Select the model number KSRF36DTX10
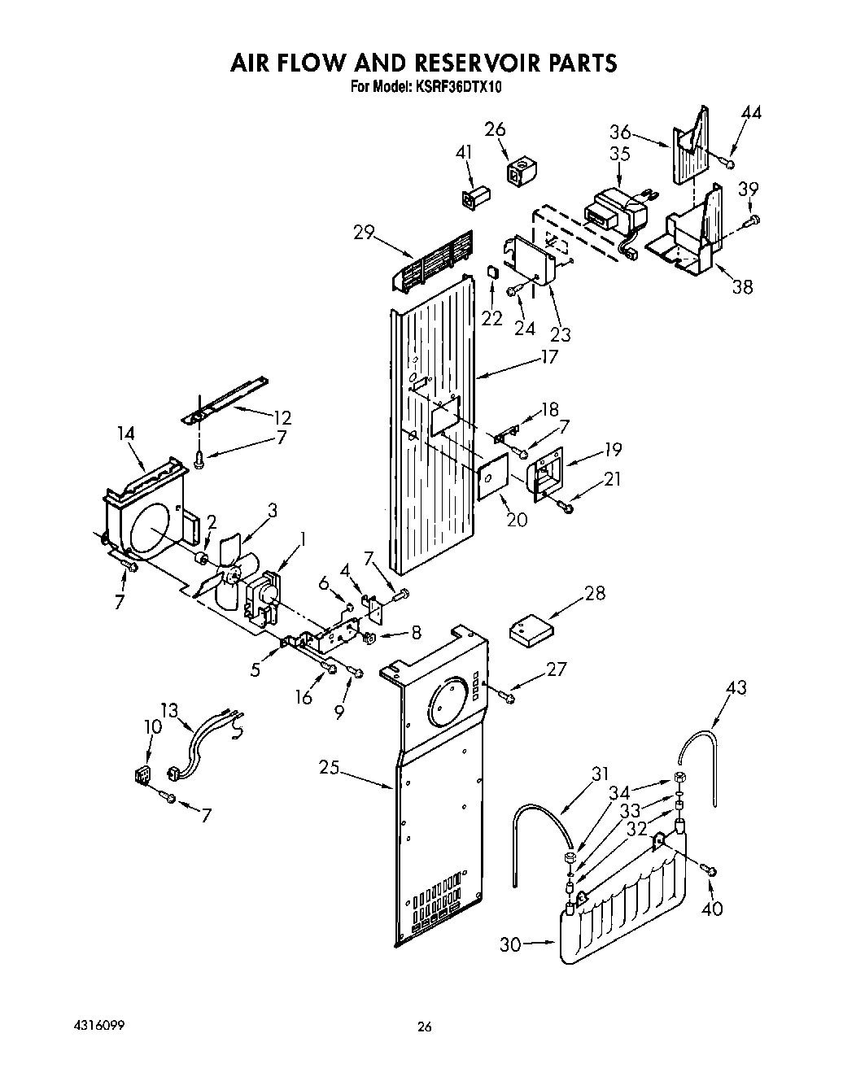(456, 86)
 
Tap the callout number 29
(364, 233)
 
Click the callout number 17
(550, 356)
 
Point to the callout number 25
(329, 766)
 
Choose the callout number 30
(510, 944)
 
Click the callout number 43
(736, 687)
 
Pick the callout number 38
(742, 286)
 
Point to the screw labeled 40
(710, 871)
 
